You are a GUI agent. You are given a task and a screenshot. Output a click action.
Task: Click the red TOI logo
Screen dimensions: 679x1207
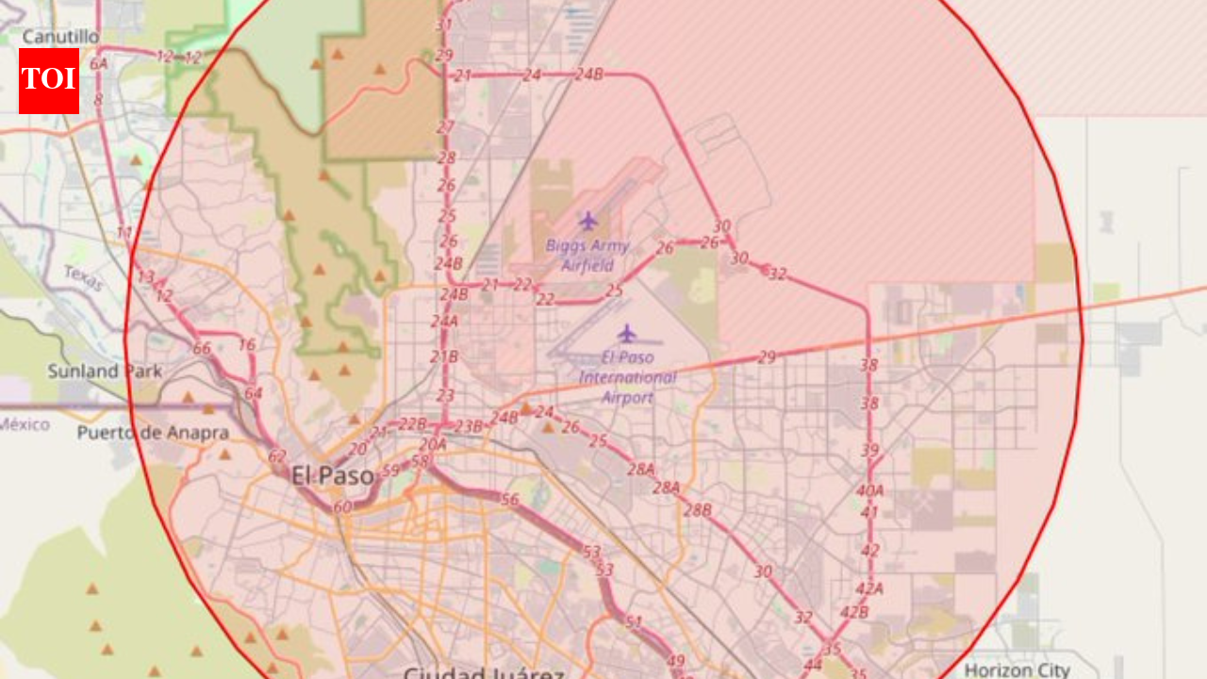(x=49, y=80)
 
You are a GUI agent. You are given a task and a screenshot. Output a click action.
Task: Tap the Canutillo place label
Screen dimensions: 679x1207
(x=60, y=36)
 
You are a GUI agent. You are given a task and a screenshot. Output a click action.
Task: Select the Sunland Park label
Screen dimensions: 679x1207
(x=104, y=372)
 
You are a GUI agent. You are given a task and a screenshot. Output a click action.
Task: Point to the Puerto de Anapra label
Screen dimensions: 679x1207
(x=153, y=433)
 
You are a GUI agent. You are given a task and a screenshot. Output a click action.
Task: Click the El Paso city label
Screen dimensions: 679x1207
(x=333, y=475)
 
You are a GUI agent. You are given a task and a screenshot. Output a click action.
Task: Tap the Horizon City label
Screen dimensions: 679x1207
(x=1017, y=671)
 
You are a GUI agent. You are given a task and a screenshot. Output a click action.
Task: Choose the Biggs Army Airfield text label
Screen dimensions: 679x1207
(x=587, y=256)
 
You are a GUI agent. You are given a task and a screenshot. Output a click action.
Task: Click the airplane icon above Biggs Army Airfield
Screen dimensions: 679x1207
(x=588, y=222)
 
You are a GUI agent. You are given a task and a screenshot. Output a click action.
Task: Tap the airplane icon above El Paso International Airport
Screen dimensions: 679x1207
(x=627, y=333)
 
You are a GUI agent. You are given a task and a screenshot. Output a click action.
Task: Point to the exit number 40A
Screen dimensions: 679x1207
(x=869, y=490)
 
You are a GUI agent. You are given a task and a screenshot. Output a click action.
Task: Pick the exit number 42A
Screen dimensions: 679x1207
(x=868, y=588)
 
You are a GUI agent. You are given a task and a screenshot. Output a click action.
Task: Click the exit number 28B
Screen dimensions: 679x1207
(x=698, y=510)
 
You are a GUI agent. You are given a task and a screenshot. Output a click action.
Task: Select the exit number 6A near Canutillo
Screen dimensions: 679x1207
(x=98, y=63)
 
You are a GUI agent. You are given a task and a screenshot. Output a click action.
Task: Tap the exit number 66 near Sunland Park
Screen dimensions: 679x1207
(x=202, y=348)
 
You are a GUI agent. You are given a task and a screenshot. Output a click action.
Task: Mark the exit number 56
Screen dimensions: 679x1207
(x=510, y=500)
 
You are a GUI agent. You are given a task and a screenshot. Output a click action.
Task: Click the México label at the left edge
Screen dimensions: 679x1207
(x=25, y=424)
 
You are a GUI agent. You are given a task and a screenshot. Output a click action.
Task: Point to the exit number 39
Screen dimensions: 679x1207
(x=869, y=451)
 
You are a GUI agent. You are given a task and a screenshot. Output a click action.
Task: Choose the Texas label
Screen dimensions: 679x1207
(x=83, y=277)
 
